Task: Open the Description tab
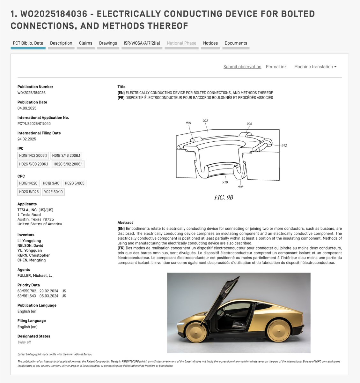(x=61, y=43)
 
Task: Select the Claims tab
(x=85, y=43)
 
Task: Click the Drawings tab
(x=108, y=43)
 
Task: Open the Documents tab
(x=236, y=43)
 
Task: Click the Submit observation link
(x=242, y=67)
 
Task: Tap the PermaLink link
(x=276, y=67)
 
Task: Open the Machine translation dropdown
(x=315, y=67)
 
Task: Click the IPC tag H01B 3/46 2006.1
(x=67, y=156)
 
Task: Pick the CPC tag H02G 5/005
(x=75, y=183)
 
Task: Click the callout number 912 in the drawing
(x=284, y=146)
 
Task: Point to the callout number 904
(x=188, y=123)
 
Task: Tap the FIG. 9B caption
(x=224, y=198)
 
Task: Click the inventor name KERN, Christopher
(x=33, y=255)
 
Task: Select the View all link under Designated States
(x=24, y=342)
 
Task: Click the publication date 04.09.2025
(x=27, y=108)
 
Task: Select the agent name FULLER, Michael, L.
(x=34, y=275)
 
